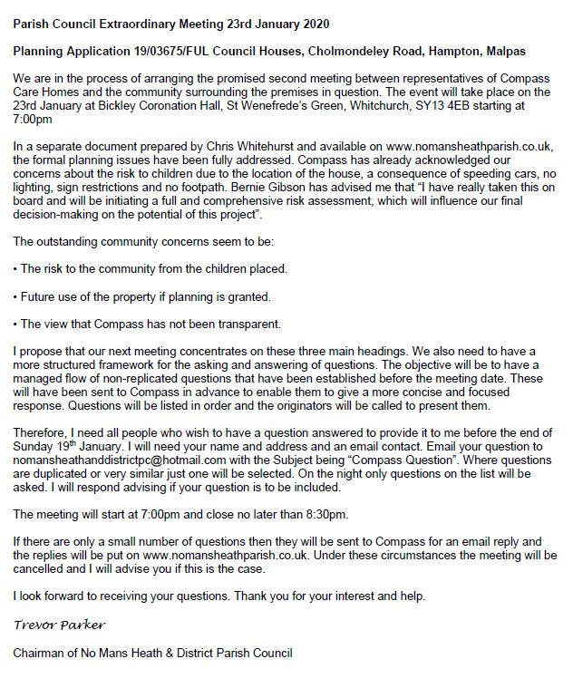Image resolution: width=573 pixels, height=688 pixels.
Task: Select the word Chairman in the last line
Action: coord(42,653)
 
